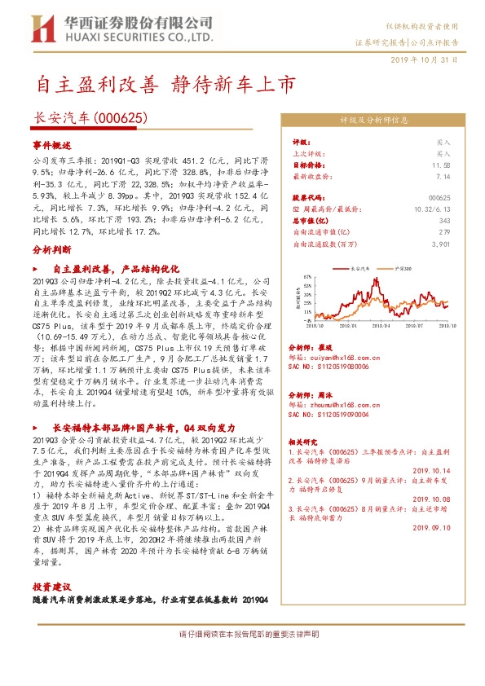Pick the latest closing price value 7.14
coord(443,176)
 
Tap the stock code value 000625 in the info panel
coord(439,198)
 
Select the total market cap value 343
coord(445,221)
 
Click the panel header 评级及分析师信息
coord(374,120)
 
